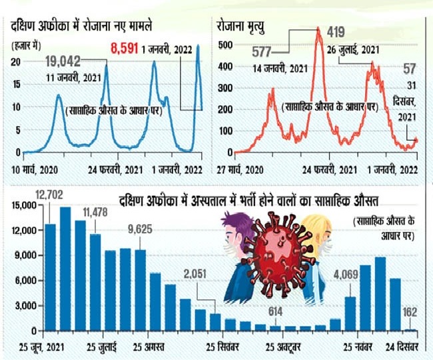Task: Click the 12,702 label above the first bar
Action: click(48, 197)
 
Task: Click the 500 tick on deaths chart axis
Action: click(227, 44)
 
